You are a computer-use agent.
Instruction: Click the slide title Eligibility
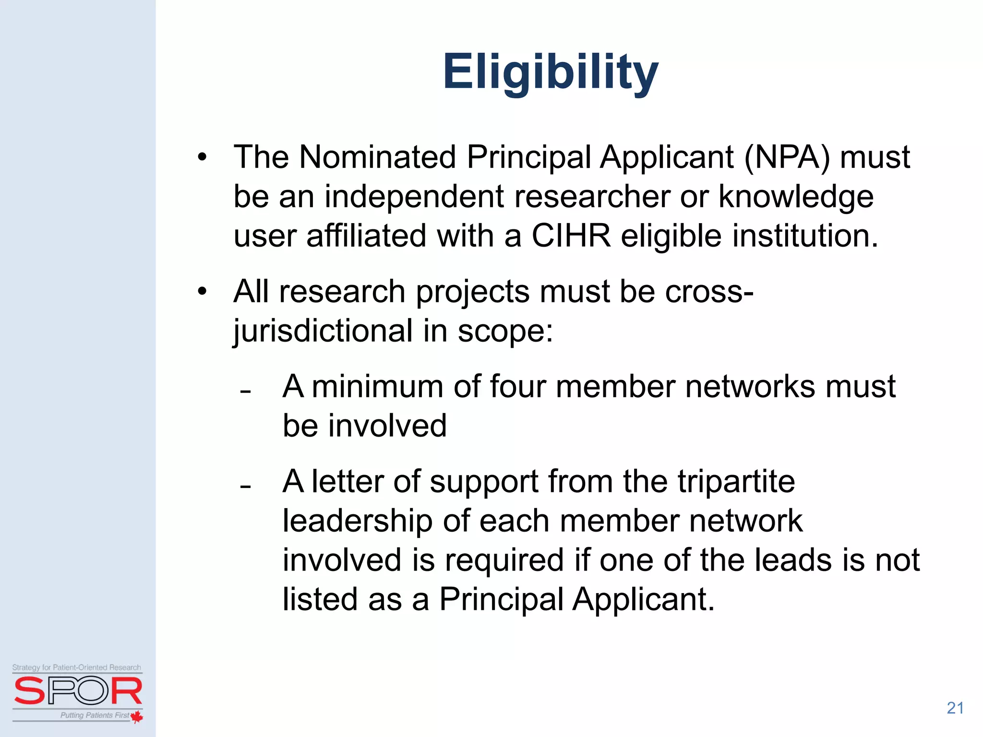click(x=550, y=72)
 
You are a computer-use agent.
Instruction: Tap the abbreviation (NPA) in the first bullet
click(x=787, y=157)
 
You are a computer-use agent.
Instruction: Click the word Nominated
click(x=377, y=157)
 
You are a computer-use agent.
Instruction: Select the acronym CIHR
click(x=571, y=236)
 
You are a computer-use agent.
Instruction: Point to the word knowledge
click(x=796, y=198)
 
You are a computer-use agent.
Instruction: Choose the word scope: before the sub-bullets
click(x=505, y=331)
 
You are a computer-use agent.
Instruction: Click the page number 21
click(x=955, y=708)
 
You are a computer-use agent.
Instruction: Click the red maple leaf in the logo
click(x=137, y=717)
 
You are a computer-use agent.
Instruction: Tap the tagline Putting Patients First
click(x=95, y=715)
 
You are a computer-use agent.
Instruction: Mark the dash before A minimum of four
click(x=246, y=392)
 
